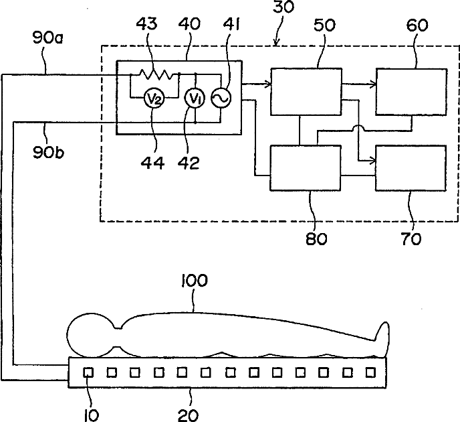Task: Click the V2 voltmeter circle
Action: click(x=154, y=98)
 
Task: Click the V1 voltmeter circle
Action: click(x=195, y=98)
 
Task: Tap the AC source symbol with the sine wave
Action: click(x=221, y=98)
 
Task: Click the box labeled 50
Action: click(x=306, y=92)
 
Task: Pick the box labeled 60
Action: click(x=412, y=92)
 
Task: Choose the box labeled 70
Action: click(x=411, y=168)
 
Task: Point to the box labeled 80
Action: click(x=306, y=168)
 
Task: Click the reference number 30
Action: click(x=283, y=7)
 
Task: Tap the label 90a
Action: click(x=48, y=38)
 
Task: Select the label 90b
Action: click(x=48, y=152)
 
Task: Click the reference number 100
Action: click(x=195, y=281)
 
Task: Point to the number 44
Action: click(x=152, y=163)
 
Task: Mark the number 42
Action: click(x=189, y=163)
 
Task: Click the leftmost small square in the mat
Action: click(x=88, y=372)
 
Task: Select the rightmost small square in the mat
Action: click(x=371, y=372)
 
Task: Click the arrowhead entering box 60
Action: click(x=374, y=84)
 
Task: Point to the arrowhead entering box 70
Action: click(x=373, y=161)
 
